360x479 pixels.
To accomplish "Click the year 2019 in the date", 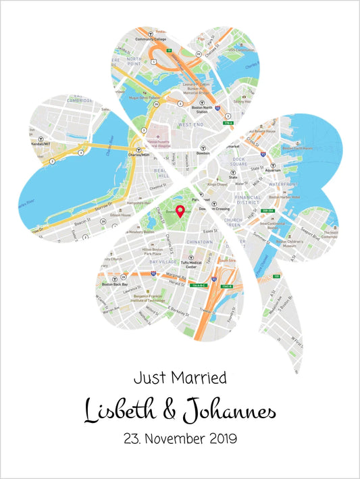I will pyautogui.click(x=215, y=438).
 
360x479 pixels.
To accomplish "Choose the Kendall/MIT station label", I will pyautogui.click(x=43, y=145).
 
